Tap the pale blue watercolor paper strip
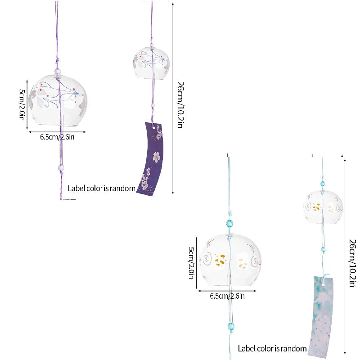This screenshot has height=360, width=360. pos(321,317)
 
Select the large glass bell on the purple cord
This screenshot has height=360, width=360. pos(58,100)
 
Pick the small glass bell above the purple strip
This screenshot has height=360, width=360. pos(151,63)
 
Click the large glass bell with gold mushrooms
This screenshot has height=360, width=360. pos(231,260)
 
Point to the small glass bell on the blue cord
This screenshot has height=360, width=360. pos(323,207)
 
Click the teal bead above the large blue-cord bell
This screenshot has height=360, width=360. pos(229,223)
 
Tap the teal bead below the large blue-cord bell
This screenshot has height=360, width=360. pos(231,326)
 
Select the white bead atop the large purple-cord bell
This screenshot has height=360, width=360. pos(58,72)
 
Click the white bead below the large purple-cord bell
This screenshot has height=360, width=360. pos(61,167)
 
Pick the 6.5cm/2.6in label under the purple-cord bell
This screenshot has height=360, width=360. pos(57,137)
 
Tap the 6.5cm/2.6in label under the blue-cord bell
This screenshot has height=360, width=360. pos(227,296)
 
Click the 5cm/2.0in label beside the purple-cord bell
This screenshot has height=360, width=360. pos(22,105)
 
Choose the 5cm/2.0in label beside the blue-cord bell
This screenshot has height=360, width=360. pos(191,263)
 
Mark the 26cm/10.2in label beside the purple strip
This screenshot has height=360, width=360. pos(181,105)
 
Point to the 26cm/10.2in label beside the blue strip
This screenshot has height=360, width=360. pos(352,263)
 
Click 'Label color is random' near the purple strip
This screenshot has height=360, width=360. pos(102,189)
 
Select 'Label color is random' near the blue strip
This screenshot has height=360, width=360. pos(272,348)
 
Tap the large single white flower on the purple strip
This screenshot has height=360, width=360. pos(157,157)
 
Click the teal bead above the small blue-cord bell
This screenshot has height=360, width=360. pos(323,184)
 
